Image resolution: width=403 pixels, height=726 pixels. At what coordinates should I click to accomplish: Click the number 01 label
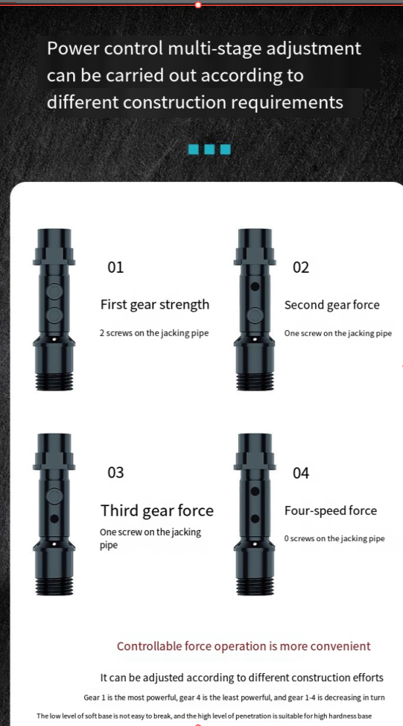pyautogui.click(x=116, y=267)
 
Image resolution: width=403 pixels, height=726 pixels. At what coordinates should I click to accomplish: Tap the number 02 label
pyautogui.click(x=300, y=267)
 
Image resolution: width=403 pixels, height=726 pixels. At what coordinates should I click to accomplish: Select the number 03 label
pyautogui.click(x=116, y=472)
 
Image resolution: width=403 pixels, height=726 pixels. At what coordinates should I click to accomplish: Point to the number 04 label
pyautogui.click(x=300, y=473)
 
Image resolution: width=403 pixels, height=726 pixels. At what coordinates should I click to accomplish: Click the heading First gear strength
pyautogui.click(x=155, y=304)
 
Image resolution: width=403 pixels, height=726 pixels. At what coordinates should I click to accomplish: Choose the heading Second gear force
pyautogui.click(x=332, y=304)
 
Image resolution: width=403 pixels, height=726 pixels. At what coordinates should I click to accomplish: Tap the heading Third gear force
pyautogui.click(x=158, y=510)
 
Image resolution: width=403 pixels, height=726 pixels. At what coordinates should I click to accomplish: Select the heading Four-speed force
pyautogui.click(x=330, y=510)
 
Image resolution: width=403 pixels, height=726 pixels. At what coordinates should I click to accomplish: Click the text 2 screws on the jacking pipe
pyautogui.click(x=154, y=333)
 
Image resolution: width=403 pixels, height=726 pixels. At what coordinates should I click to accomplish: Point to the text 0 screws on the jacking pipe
pyautogui.click(x=335, y=538)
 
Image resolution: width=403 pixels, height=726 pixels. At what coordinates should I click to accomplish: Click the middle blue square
pyautogui.click(x=210, y=149)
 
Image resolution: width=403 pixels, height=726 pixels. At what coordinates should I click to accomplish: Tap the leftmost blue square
pyautogui.click(x=194, y=149)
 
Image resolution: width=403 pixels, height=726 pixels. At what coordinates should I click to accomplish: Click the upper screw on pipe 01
pyautogui.click(x=54, y=292)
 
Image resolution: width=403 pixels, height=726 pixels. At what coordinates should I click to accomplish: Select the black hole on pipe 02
pyautogui.click(x=254, y=287)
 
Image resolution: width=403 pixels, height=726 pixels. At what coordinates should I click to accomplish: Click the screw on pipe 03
pyautogui.click(x=54, y=496)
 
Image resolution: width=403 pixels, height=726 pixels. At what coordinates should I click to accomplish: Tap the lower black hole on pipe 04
pyautogui.click(x=254, y=519)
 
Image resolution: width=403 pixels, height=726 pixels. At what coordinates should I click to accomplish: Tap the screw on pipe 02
pyautogui.click(x=254, y=315)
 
